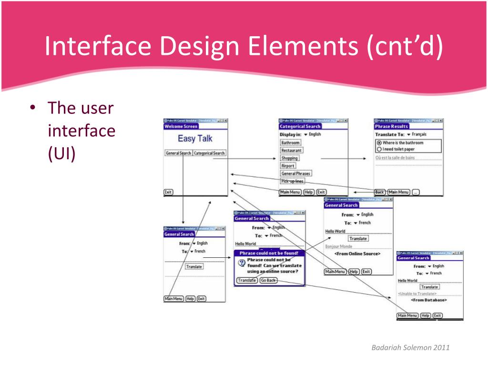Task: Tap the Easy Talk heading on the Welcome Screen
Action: click(x=195, y=139)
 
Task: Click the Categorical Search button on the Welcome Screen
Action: click(x=209, y=153)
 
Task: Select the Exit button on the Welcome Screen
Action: click(x=168, y=192)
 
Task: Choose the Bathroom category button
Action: click(x=290, y=142)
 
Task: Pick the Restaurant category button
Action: click(x=291, y=150)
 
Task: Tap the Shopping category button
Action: click(x=289, y=158)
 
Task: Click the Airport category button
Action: click(x=288, y=166)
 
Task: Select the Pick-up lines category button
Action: click(x=292, y=181)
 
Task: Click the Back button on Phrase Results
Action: click(x=379, y=192)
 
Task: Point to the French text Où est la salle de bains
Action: click(x=395, y=157)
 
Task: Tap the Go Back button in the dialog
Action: click(x=268, y=280)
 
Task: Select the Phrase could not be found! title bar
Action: click(x=269, y=253)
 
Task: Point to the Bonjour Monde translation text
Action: click(x=338, y=246)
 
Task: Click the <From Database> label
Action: click(x=429, y=300)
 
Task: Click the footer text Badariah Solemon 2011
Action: click(x=410, y=347)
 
